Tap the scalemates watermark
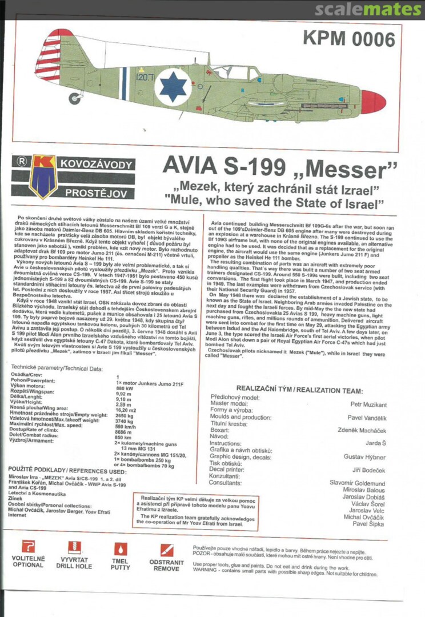(369, 10)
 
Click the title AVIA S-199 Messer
(279, 167)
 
